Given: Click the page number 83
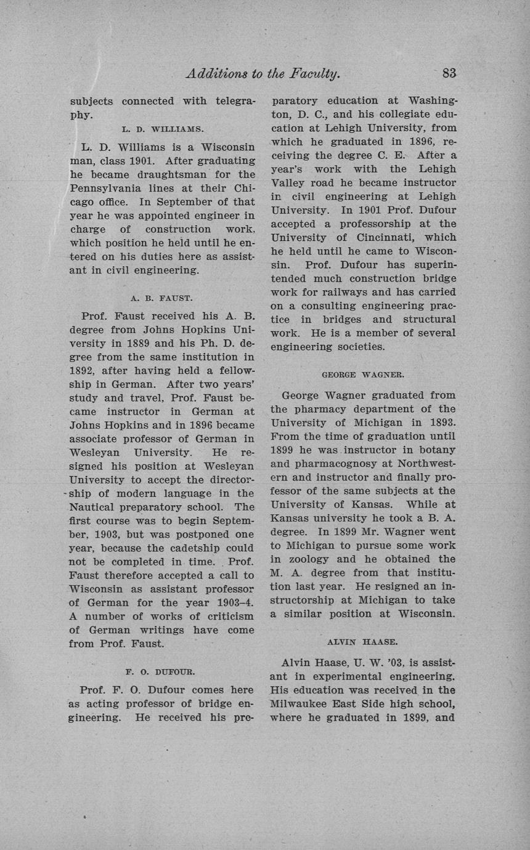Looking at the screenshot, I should pos(449,73).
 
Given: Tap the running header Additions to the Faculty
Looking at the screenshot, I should pos(263,73).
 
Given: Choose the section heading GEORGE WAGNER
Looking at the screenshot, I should pos(363,374).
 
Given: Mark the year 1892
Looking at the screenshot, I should pos(81,371).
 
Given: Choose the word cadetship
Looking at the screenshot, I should pos(199,548).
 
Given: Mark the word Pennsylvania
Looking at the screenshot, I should pos(104,188).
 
